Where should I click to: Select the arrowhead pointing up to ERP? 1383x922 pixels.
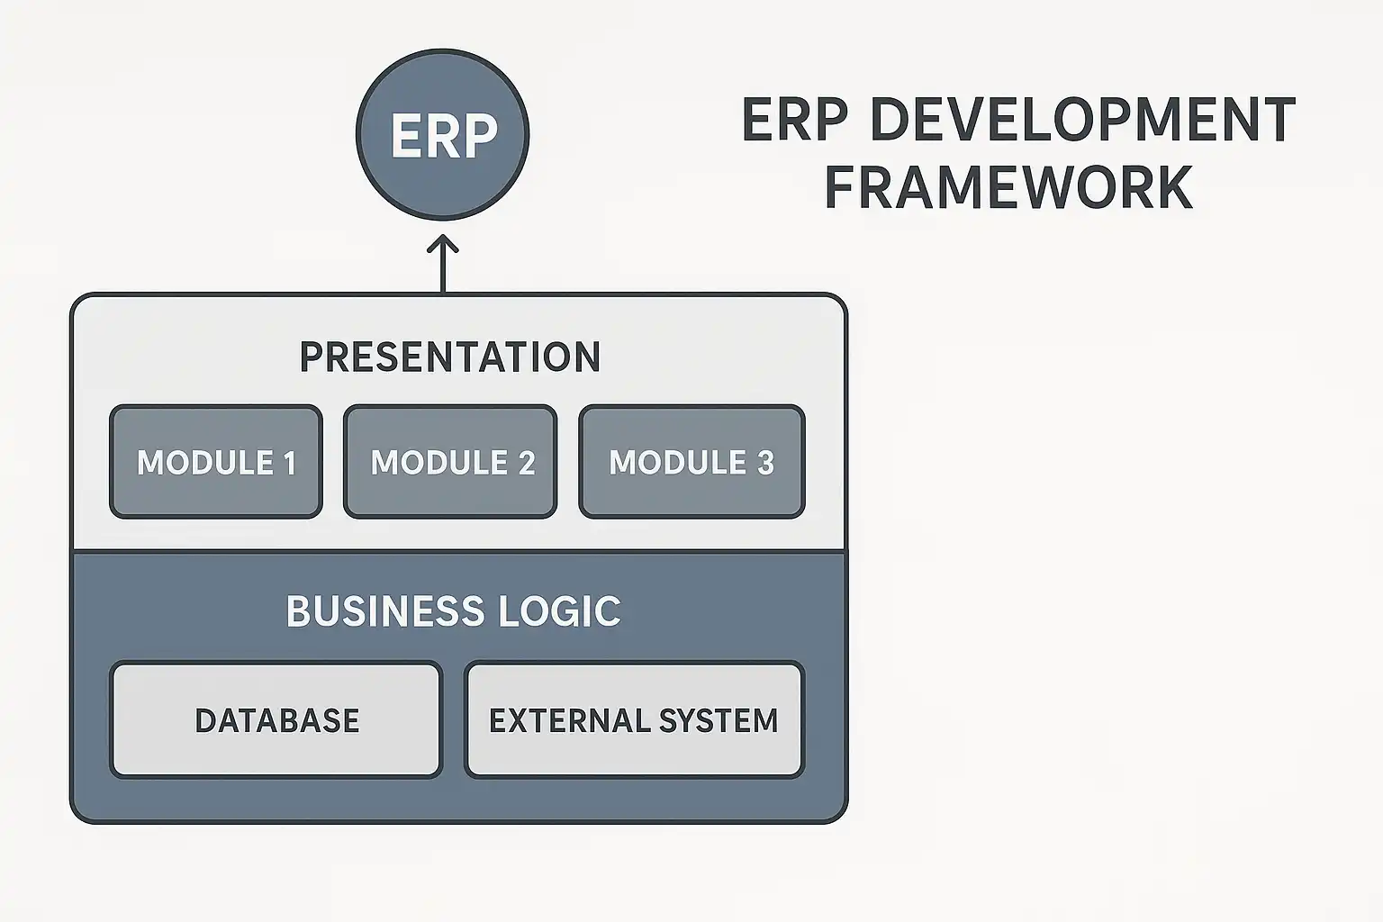(442, 243)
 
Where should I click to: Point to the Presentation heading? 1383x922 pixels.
(449, 357)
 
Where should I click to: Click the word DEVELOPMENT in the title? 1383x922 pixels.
(1083, 120)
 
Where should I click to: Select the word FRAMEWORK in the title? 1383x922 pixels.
(1008, 186)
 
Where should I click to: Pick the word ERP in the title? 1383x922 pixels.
(794, 120)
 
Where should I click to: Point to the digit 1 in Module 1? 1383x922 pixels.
(289, 463)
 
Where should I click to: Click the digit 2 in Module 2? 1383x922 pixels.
(526, 463)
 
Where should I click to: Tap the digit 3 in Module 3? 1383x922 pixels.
(765, 463)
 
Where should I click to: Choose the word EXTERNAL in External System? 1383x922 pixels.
(569, 720)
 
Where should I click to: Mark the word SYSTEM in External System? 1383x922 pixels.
(719, 720)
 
